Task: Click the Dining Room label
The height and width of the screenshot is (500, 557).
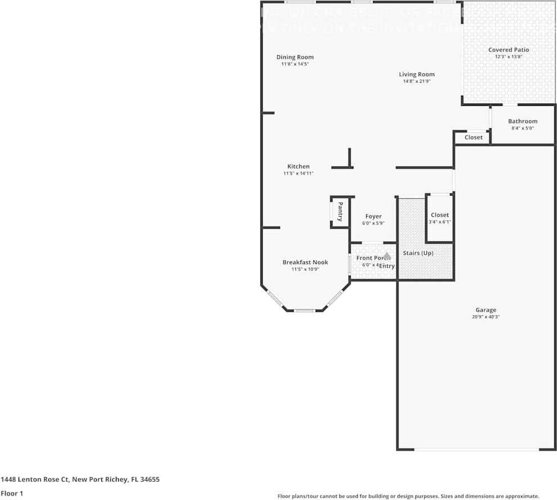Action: (295, 57)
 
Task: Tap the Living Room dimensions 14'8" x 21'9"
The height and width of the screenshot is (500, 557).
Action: (416, 81)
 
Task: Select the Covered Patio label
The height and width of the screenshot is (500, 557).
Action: (508, 50)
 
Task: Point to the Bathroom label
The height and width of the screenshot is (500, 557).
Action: (522, 121)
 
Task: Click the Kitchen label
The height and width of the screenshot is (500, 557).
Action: (298, 166)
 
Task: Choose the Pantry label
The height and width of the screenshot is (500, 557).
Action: (340, 212)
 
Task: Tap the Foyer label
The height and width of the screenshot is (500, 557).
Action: (373, 216)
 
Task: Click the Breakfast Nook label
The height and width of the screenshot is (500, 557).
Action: (305, 262)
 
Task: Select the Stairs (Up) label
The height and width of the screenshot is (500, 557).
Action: (419, 253)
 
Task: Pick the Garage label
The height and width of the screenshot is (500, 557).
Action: (486, 310)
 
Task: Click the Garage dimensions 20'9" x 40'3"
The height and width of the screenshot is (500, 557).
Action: (486, 317)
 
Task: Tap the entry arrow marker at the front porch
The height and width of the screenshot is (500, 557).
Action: (387, 256)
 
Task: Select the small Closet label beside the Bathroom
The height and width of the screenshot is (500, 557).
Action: (473, 137)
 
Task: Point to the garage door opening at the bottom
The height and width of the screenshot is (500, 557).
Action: (477, 449)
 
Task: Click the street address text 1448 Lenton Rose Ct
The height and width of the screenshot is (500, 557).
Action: (80, 480)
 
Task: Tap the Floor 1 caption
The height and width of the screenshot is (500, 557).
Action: (12, 493)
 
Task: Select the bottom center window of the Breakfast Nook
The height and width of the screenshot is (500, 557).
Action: (304, 310)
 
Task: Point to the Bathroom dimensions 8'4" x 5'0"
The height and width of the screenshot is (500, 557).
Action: (522, 128)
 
